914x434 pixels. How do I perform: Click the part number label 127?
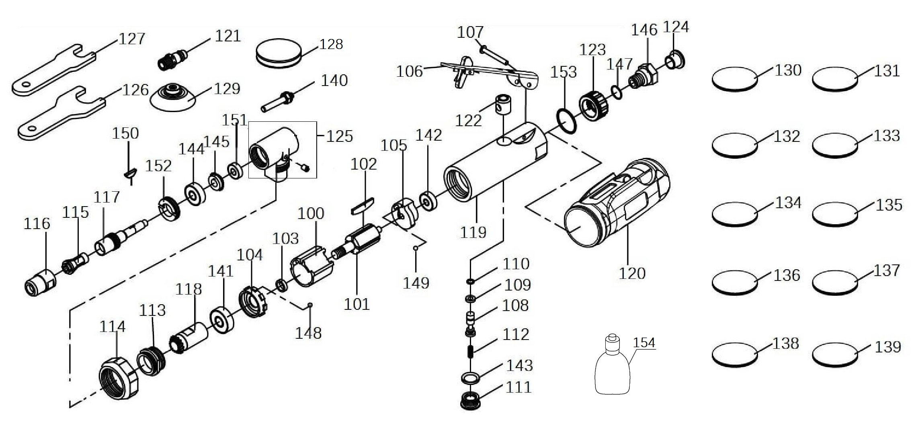pyautogui.click(x=131, y=39)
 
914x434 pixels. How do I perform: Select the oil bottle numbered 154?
pyautogui.click(x=612, y=368)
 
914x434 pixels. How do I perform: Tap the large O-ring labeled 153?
pyautogui.click(x=567, y=120)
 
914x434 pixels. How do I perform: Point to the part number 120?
pyautogui.click(x=632, y=274)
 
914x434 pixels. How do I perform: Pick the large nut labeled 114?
pyautogui.click(x=118, y=377)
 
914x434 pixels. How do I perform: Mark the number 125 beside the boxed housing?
pyautogui.click(x=339, y=137)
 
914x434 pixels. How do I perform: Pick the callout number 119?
pyautogui.click(x=473, y=232)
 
